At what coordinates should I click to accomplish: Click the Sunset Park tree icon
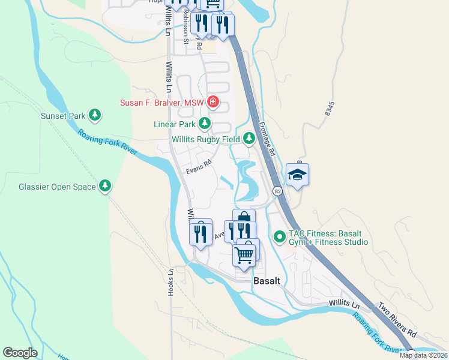(x=94, y=115)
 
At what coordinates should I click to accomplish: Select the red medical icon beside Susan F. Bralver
(x=212, y=103)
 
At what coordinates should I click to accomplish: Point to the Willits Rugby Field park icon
(x=249, y=139)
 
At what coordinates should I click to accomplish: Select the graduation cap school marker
(x=297, y=175)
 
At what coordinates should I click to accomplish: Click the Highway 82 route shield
(x=277, y=191)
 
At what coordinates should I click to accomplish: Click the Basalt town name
(x=267, y=280)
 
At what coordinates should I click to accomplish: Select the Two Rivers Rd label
(x=396, y=320)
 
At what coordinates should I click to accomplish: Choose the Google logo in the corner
(x=20, y=352)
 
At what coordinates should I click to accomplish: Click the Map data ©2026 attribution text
(x=423, y=355)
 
